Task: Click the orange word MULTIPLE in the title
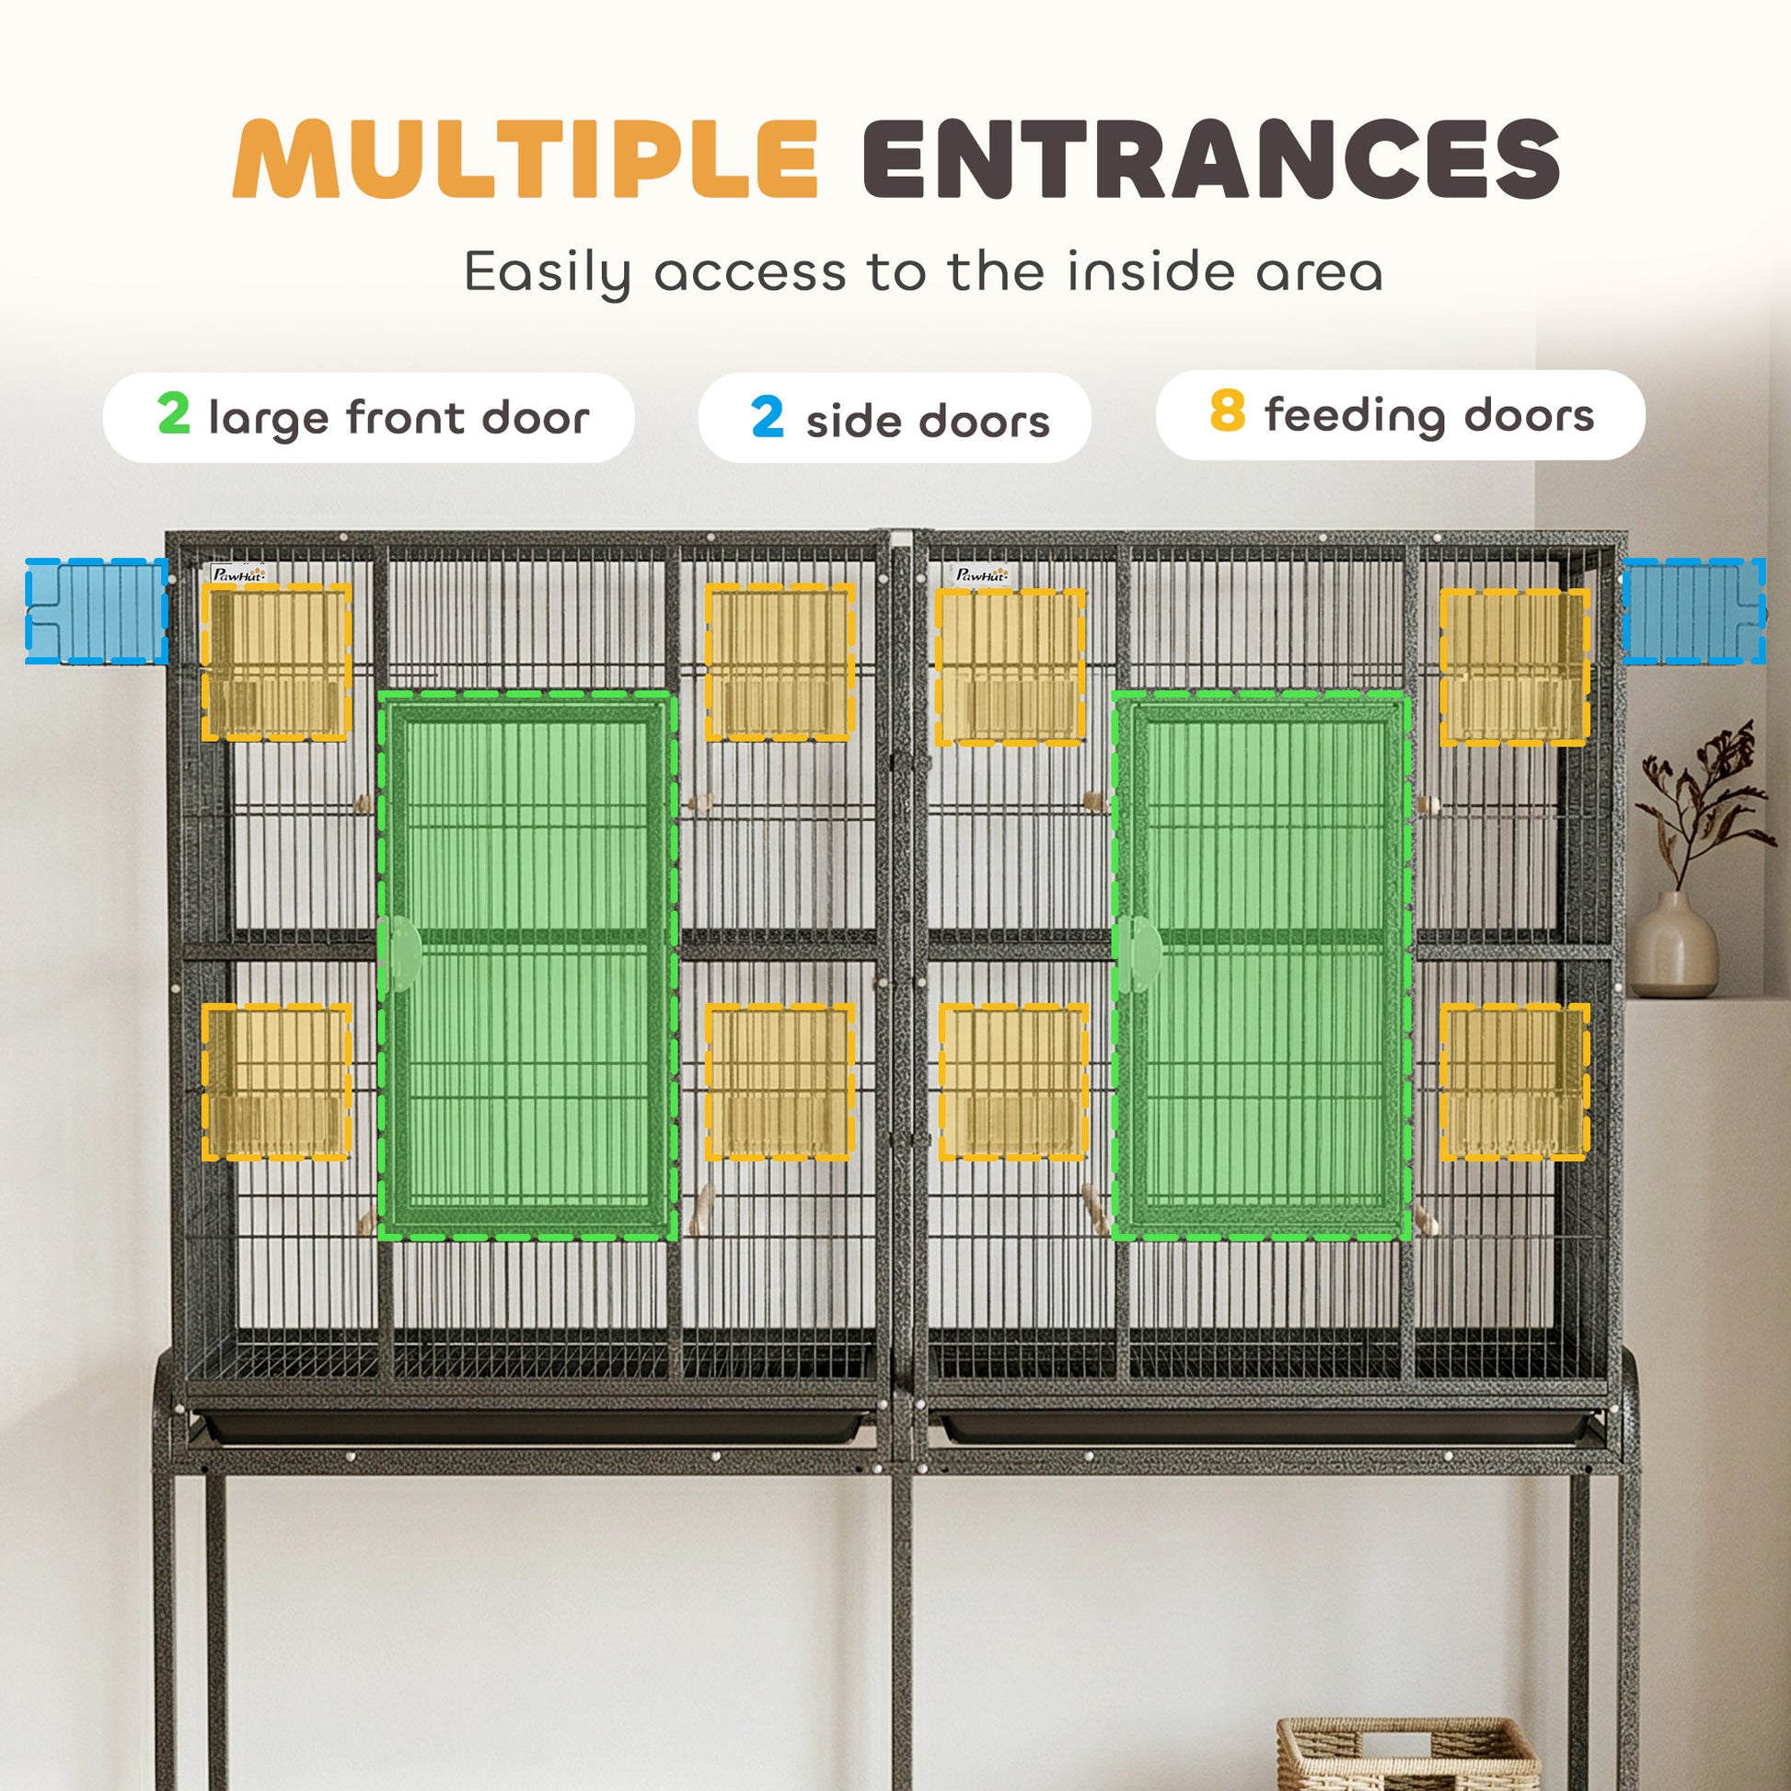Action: point(526,158)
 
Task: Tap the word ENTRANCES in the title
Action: point(1211,158)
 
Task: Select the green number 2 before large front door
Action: point(173,413)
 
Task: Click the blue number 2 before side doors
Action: point(767,416)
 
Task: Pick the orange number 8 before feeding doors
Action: point(1228,410)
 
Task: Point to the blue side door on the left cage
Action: point(97,611)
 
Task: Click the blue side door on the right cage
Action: point(1693,611)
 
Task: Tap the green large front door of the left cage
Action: point(527,965)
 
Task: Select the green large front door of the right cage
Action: point(1262,965)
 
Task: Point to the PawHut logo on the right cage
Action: point(982,573)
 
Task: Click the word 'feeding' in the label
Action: point(1357,416)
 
